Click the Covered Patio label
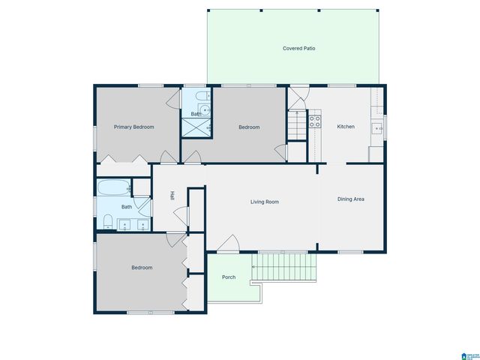298,48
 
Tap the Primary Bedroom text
133,127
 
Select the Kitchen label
346,127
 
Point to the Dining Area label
350,199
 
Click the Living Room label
265,202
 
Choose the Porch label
229,277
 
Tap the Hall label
172,196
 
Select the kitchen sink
380,128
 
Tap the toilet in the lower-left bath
108,221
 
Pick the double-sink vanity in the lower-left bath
133,223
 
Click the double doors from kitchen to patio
298,98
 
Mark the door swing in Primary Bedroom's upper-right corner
172,97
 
